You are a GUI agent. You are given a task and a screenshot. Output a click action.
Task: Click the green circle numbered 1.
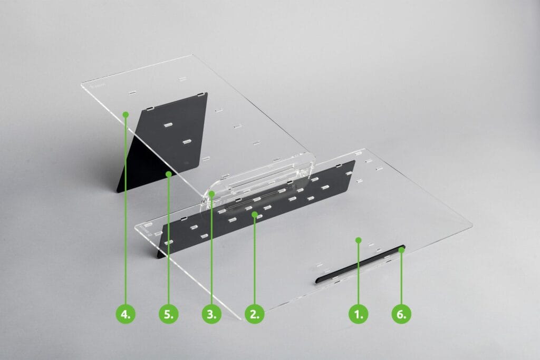[359, 314]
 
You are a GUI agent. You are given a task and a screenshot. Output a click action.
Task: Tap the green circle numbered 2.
[255, 314]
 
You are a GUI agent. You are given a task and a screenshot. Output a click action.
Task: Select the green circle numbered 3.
[211, 314]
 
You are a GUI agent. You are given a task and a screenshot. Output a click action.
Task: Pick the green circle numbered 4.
[126, 314]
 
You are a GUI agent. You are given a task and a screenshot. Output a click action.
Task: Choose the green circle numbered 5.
[168, 314]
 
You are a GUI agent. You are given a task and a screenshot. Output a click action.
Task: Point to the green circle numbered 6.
[401, 314]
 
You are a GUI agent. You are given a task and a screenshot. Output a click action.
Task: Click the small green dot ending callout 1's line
[359, 239]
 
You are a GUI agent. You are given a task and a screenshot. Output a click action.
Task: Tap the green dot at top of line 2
[255, 215]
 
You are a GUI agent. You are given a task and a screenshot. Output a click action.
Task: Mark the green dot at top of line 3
[211, 194]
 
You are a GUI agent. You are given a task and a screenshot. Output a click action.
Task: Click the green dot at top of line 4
[126, 114]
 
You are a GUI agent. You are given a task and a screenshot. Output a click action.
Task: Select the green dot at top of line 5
[168, 174]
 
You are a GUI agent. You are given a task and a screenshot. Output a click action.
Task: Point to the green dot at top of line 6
[401, 250]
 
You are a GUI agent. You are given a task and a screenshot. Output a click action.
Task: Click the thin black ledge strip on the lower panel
[360, 264]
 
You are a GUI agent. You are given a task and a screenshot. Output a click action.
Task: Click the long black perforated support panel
[257, 209]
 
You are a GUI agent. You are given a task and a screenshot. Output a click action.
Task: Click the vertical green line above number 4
[126, 210]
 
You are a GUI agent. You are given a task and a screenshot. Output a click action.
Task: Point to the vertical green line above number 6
[401, 278]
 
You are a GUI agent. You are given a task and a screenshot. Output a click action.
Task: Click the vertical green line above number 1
[359, 273]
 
